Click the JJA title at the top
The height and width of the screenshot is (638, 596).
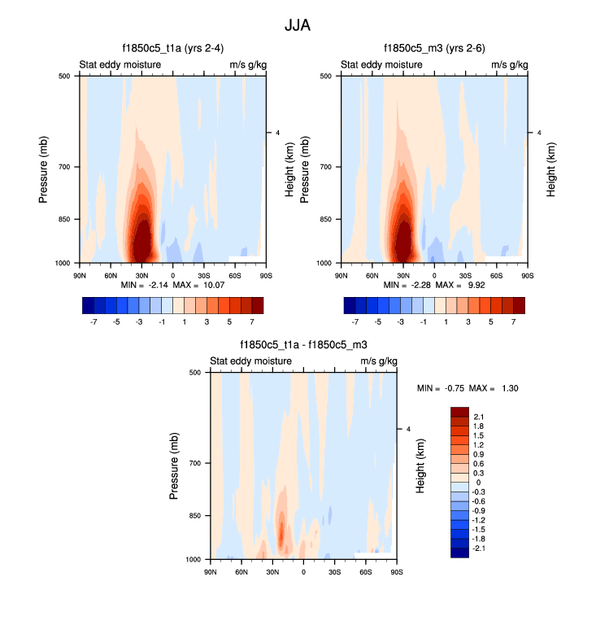pos(298,25)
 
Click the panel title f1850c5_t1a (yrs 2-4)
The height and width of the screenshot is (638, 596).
pos(171,48)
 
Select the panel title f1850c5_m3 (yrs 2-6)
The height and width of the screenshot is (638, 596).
pos(434,48)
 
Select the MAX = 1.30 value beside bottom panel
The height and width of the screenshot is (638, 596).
pos(496,388)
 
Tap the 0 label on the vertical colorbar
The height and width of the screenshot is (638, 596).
pos(476,483)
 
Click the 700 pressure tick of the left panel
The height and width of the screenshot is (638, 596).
pos(63,167)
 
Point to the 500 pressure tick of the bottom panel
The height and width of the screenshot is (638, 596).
pos(194,373)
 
